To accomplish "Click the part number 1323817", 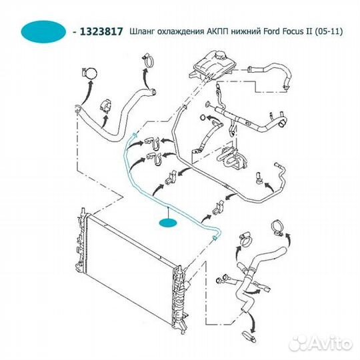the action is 101,31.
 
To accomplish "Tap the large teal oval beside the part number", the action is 43,32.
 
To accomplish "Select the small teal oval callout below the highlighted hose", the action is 168,223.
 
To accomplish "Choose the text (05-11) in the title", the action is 328,31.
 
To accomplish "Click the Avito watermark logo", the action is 321,344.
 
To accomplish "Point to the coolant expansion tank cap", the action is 221,55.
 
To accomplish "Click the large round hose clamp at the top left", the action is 89,73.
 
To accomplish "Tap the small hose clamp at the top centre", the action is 148,61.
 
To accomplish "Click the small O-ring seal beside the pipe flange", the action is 203,117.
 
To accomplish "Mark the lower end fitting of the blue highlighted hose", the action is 215,237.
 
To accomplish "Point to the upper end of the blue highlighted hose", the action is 134,135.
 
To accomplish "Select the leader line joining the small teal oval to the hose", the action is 169,213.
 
